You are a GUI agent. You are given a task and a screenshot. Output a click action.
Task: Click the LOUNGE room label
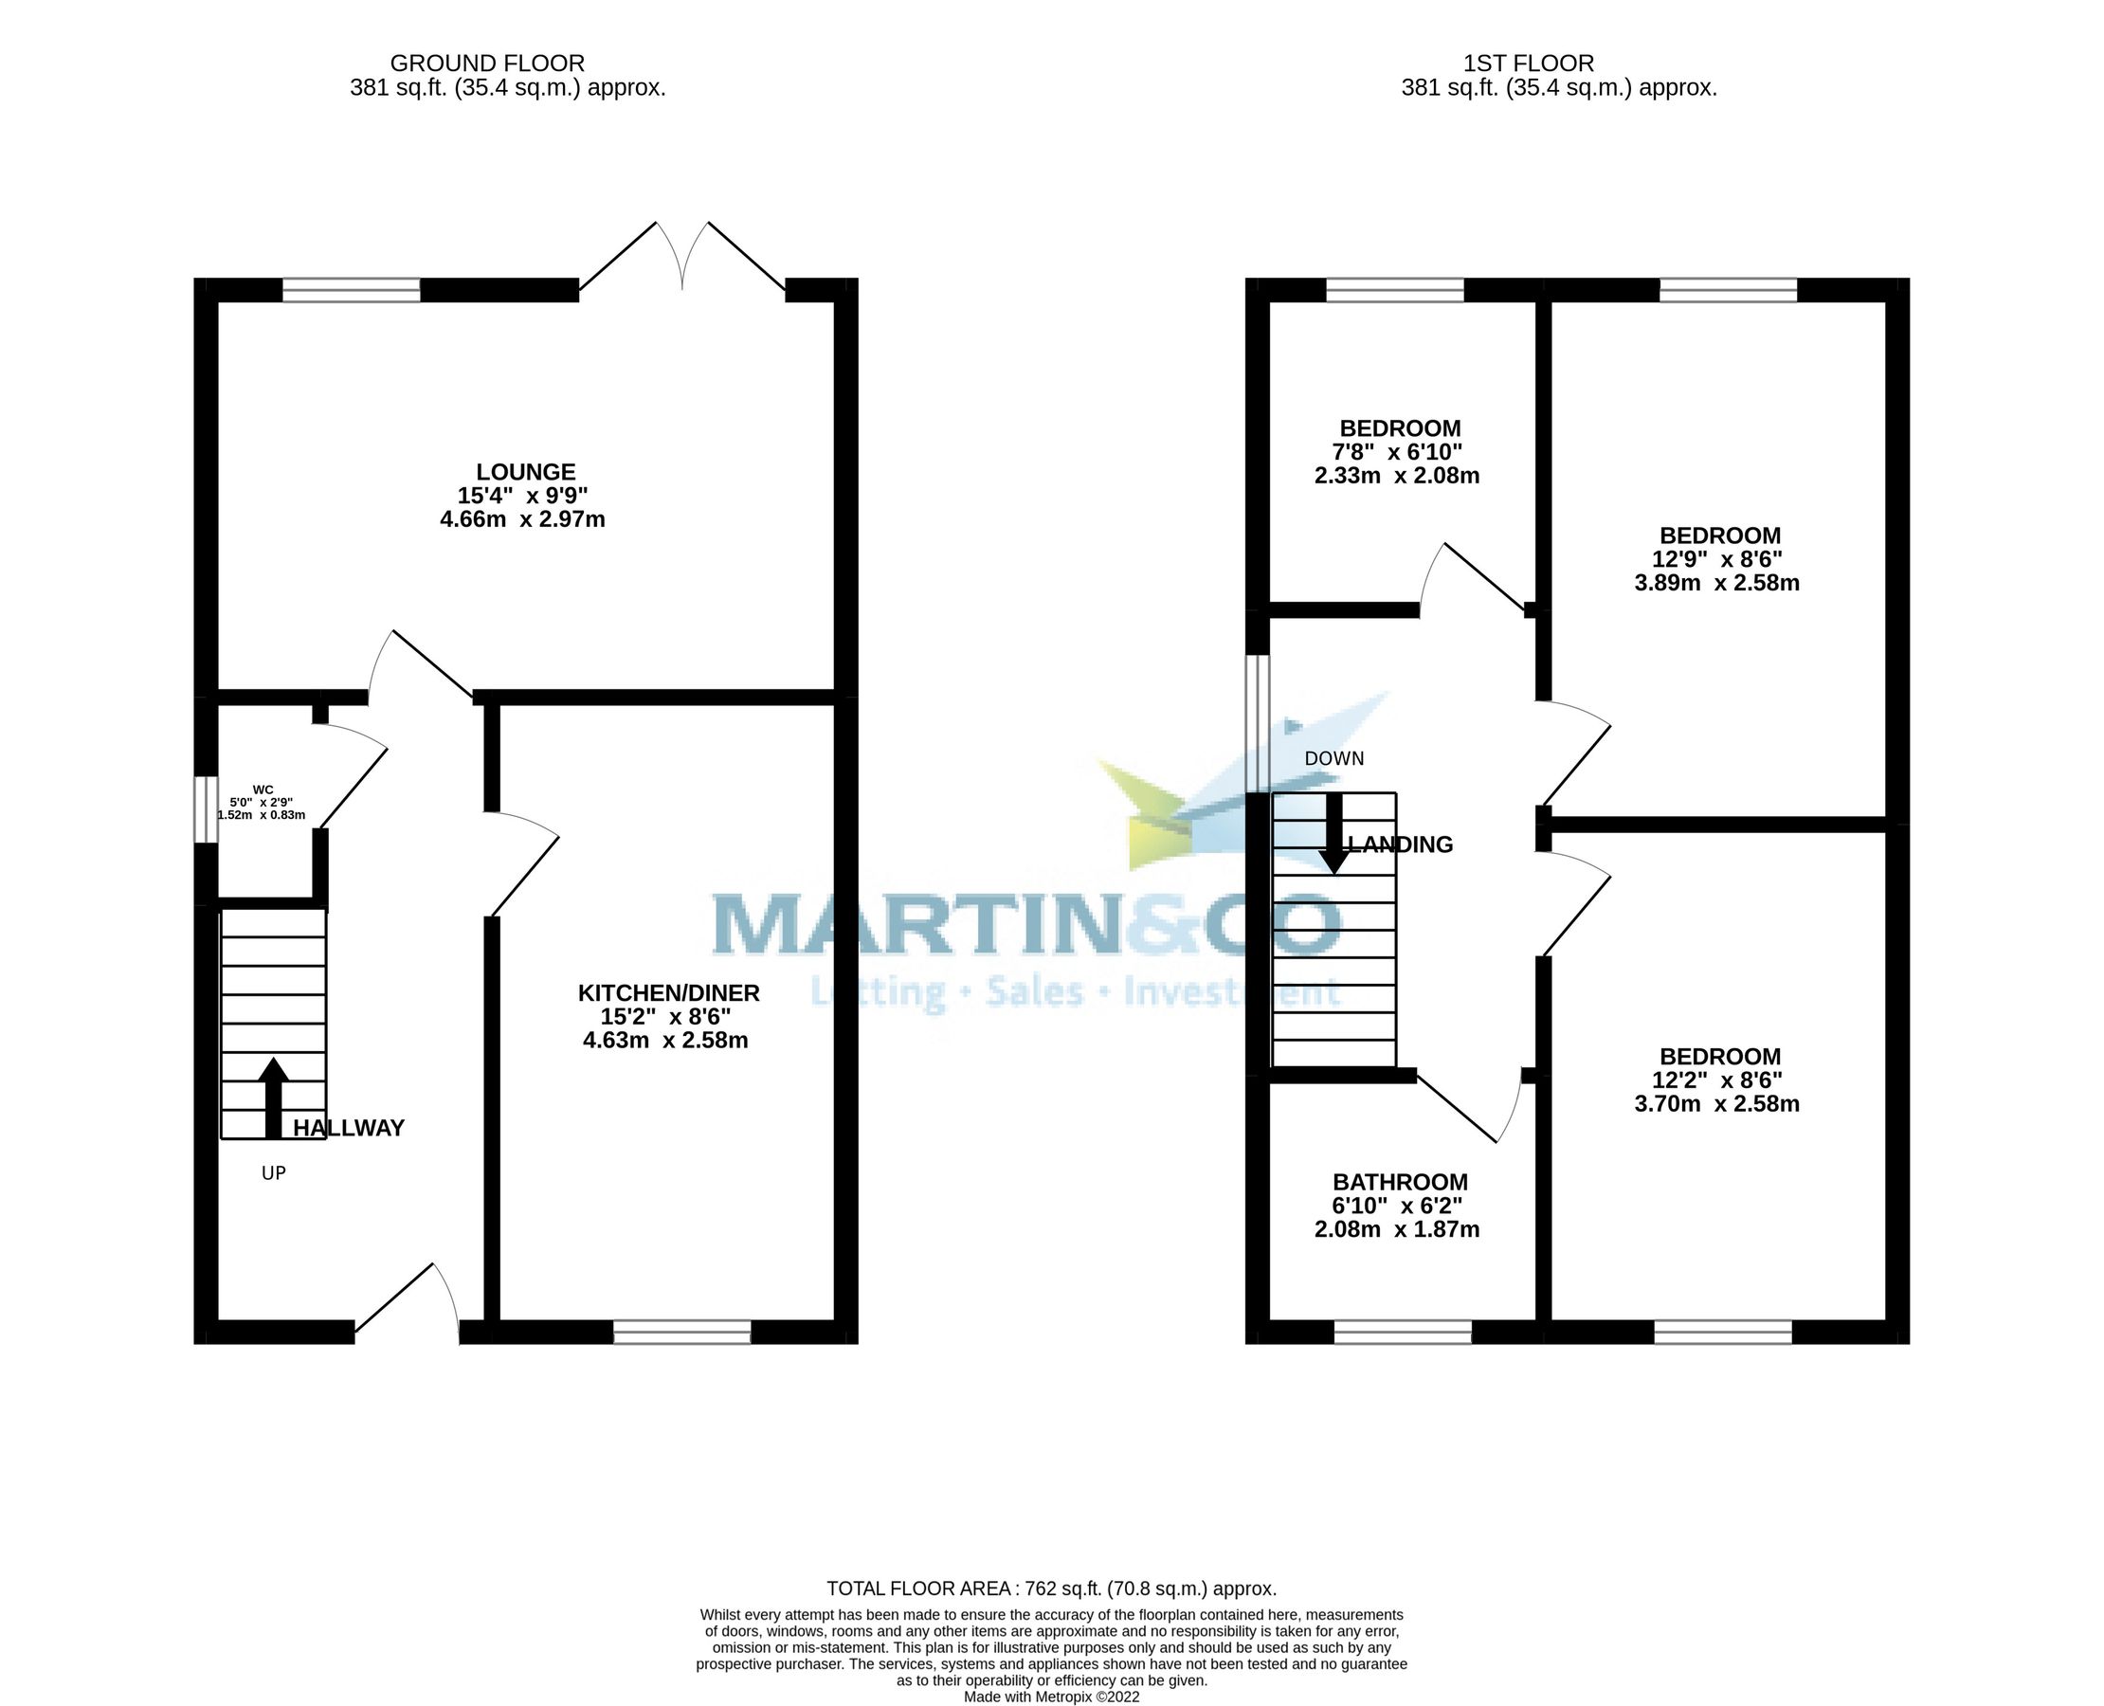(526, 473)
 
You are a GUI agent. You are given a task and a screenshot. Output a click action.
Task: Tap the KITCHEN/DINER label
(668, 993)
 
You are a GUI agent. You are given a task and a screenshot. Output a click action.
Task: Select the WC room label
(263, 789)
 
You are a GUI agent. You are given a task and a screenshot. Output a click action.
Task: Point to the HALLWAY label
(349, 1128)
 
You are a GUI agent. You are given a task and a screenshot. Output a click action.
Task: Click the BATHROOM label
(1400, 1182)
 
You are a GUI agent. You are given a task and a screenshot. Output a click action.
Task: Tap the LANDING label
(1401, 845)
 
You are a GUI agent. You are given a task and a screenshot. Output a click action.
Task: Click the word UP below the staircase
(273, 1173)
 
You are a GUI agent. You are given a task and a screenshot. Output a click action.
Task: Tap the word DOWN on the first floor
(1333, 758)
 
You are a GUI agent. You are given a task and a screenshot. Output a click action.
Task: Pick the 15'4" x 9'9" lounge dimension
(522, 497)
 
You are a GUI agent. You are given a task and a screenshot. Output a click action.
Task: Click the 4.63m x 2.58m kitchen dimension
(665, 1041)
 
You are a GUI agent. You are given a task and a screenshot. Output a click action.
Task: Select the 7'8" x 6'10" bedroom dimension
(1396, 453)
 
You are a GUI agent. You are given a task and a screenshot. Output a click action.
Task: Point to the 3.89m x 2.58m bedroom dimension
(1715, 584)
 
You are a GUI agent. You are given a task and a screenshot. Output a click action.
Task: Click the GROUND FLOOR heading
(487, 64)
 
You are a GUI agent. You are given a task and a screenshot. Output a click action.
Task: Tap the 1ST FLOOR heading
(1528, 64)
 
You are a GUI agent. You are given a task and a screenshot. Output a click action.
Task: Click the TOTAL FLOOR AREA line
(1051, 1589)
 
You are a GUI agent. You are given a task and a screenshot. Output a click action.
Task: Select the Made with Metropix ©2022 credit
(1051, 1697)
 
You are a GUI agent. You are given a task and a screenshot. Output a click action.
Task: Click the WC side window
(205, 809)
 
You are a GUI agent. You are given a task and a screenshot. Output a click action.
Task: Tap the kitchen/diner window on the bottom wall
(682, 1332)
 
